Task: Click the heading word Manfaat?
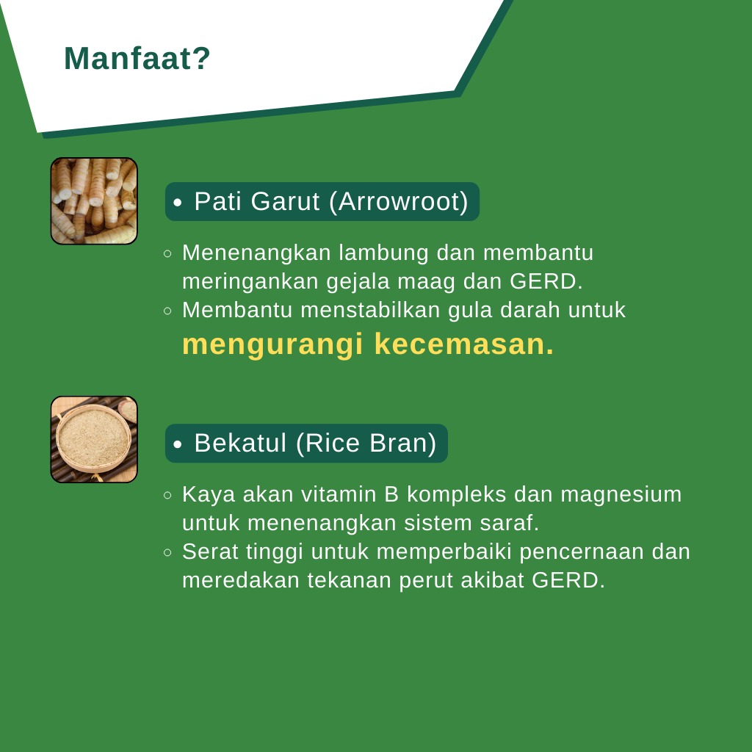[137, 59]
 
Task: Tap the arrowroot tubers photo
[94, 201]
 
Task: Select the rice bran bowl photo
[94, 439]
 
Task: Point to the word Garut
[285, 201]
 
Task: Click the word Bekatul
[240, 443]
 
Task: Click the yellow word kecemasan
[464, 344]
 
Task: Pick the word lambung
[383, 253]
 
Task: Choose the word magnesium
[621, 495]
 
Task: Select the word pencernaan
[582, 552]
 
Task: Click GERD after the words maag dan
[546, 281]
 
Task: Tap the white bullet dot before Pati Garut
[178, 203]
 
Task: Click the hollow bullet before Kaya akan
[167, 495]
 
